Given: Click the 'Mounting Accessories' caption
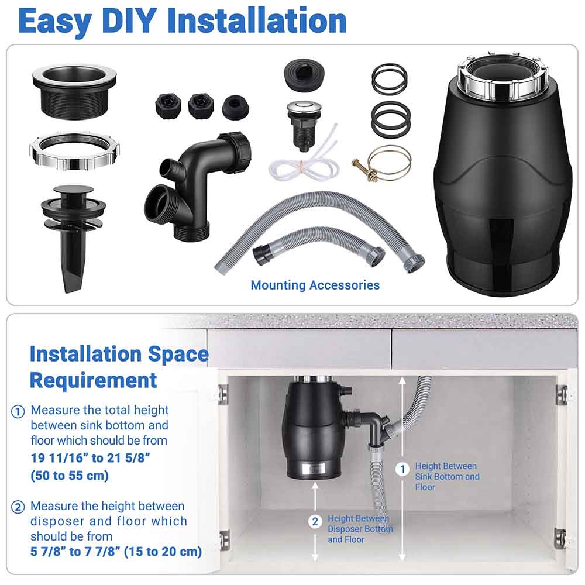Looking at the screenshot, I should pyautogui.click(x=315, y=285).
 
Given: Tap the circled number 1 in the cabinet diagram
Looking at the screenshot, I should pyautogui.click(x=402, y=469).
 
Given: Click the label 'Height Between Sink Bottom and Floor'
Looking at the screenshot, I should pyautogui.click(x=447, y=476).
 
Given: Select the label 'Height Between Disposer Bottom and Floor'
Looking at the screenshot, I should pyautogui.click(x=360, y=529).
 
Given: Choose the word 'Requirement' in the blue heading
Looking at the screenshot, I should pyautogui.click(x=94, y=380).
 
